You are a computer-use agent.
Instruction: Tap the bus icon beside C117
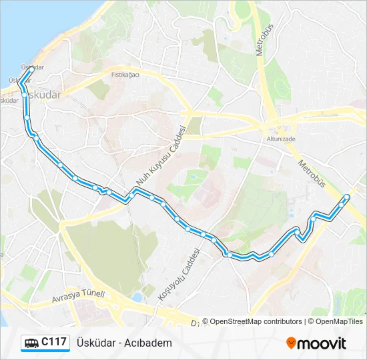(31, 343)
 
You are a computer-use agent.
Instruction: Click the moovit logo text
(322, 343)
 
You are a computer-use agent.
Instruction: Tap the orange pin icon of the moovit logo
(291, 343)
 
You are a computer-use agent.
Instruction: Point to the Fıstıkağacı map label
(125, 75)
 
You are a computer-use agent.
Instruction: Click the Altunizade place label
(280, 140)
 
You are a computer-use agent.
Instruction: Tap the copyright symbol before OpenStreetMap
(205, 321)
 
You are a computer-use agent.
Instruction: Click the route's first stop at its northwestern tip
(31, 69)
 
